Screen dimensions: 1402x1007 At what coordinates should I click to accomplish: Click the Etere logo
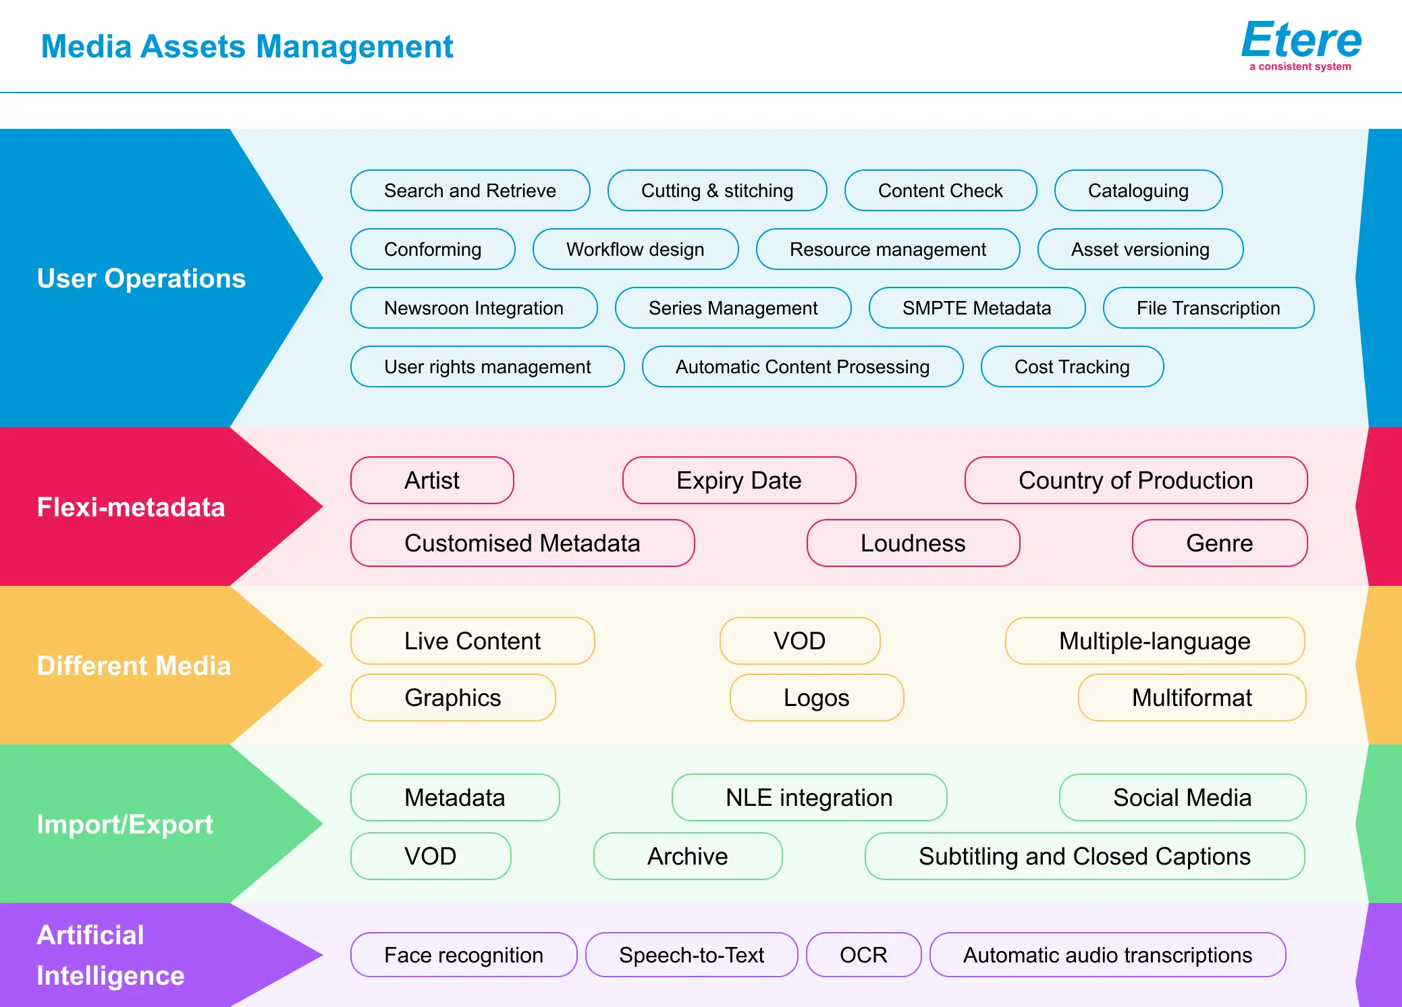1301,45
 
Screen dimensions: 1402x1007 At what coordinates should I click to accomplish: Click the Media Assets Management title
247,47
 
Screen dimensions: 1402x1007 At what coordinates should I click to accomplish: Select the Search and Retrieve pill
470,190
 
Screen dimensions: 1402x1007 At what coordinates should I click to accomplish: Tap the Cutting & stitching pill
718,190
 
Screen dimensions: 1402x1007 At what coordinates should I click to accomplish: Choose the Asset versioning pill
1141,249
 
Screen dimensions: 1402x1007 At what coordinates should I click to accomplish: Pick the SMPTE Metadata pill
977,308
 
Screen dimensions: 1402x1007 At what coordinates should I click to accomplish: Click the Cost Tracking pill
1073,366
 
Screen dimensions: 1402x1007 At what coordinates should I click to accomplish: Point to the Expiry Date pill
739,480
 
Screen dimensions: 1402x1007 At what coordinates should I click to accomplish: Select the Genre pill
1220,543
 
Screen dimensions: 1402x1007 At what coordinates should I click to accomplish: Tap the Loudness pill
913,543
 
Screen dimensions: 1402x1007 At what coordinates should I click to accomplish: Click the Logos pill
817,697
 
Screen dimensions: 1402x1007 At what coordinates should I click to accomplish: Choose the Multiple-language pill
1155,641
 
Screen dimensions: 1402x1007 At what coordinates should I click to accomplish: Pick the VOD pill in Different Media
800,641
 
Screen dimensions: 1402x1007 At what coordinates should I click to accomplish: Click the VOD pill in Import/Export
431,856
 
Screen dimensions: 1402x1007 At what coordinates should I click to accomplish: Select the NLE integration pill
809,797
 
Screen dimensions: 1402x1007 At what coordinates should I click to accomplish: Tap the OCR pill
864,954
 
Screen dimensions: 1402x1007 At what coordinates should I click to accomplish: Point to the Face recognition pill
464,954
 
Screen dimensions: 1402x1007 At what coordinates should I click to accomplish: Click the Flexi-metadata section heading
131,507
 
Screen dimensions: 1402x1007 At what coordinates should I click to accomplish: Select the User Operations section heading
142,278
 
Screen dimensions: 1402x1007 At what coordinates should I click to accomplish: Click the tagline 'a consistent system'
1300,66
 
